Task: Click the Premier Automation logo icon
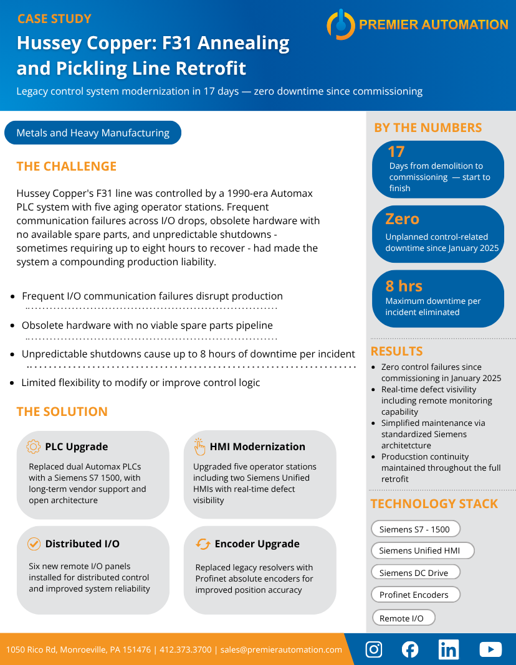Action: point(340,25)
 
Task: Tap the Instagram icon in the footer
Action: point(374,649)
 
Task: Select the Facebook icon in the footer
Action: point(410,649)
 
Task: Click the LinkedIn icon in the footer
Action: point(448,649)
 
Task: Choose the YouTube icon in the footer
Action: point(490,649)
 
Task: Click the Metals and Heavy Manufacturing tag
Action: point(93,133)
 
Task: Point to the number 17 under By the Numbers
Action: point(396,151)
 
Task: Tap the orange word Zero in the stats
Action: point(402,219)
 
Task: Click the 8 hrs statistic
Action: point(404,286)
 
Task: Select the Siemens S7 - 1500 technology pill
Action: point(415,529)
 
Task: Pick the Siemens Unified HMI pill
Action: point(422,550)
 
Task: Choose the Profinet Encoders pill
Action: point(415,595)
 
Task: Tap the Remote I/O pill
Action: point(403,618)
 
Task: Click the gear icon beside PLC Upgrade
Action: point(34,446)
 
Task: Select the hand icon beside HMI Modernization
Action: point(199,446)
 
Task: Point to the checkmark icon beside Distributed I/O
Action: point(34,544)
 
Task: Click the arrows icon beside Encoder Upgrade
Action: point(203,544)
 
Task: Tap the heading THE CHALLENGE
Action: point(67,166)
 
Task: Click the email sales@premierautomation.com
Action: point(281,649)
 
